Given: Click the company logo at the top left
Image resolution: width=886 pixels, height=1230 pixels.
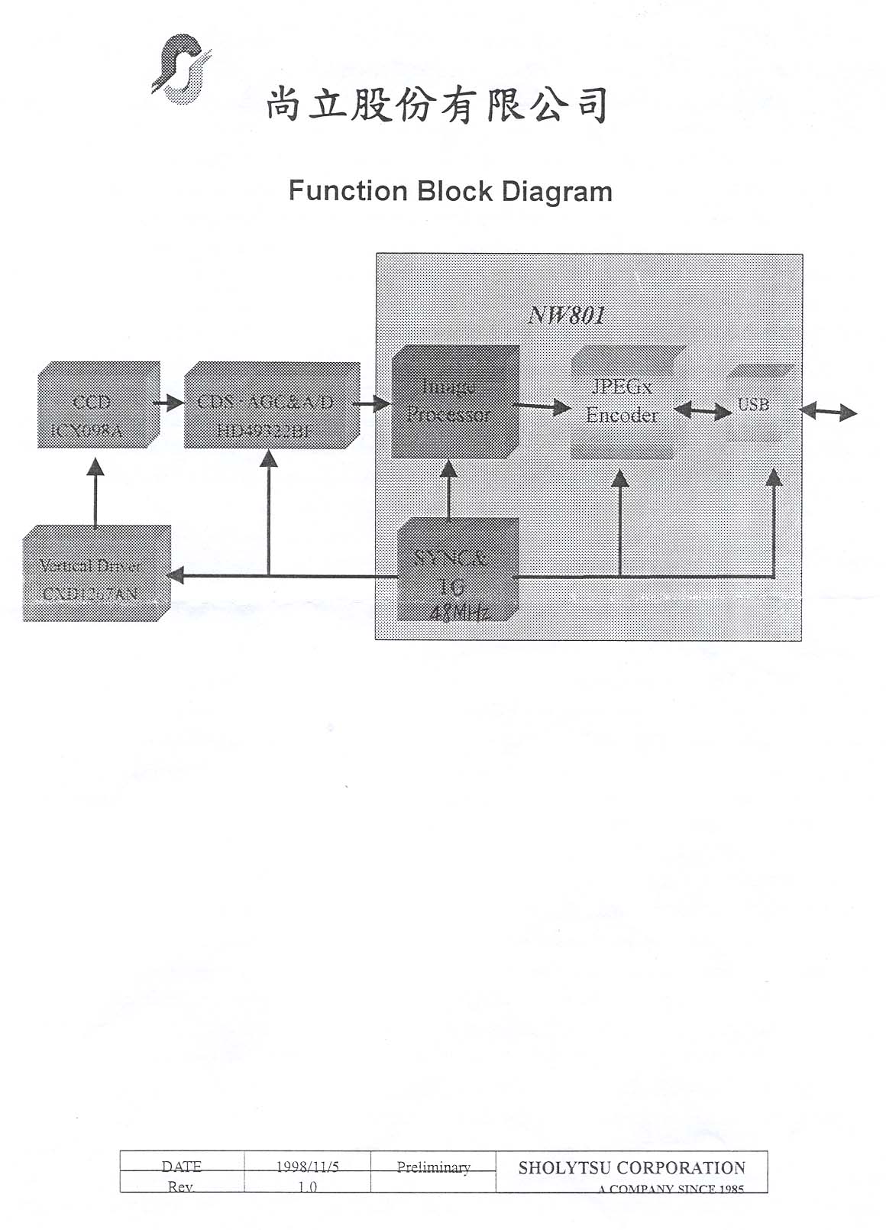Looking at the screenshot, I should point(181,69).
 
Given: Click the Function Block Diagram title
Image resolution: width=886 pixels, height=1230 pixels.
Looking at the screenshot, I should point(450,191).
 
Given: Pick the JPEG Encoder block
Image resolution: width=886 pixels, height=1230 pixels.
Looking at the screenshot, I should point(622,402).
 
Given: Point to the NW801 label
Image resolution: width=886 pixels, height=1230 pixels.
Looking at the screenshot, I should point(567,316).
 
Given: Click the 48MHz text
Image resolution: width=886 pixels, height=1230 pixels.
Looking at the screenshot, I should point(460,612).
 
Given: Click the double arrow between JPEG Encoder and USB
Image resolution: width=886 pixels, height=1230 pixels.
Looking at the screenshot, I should point(703,412).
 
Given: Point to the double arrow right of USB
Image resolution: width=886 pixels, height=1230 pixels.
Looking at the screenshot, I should point(828,413).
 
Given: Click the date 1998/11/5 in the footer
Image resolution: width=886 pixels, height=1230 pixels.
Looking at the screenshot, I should point(307,1167).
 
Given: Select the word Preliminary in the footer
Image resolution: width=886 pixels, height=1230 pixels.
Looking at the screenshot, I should point(433,1167).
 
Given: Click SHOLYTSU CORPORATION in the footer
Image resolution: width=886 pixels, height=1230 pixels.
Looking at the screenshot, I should point(632,1167).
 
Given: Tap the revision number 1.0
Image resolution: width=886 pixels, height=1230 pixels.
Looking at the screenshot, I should point(307,1186).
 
